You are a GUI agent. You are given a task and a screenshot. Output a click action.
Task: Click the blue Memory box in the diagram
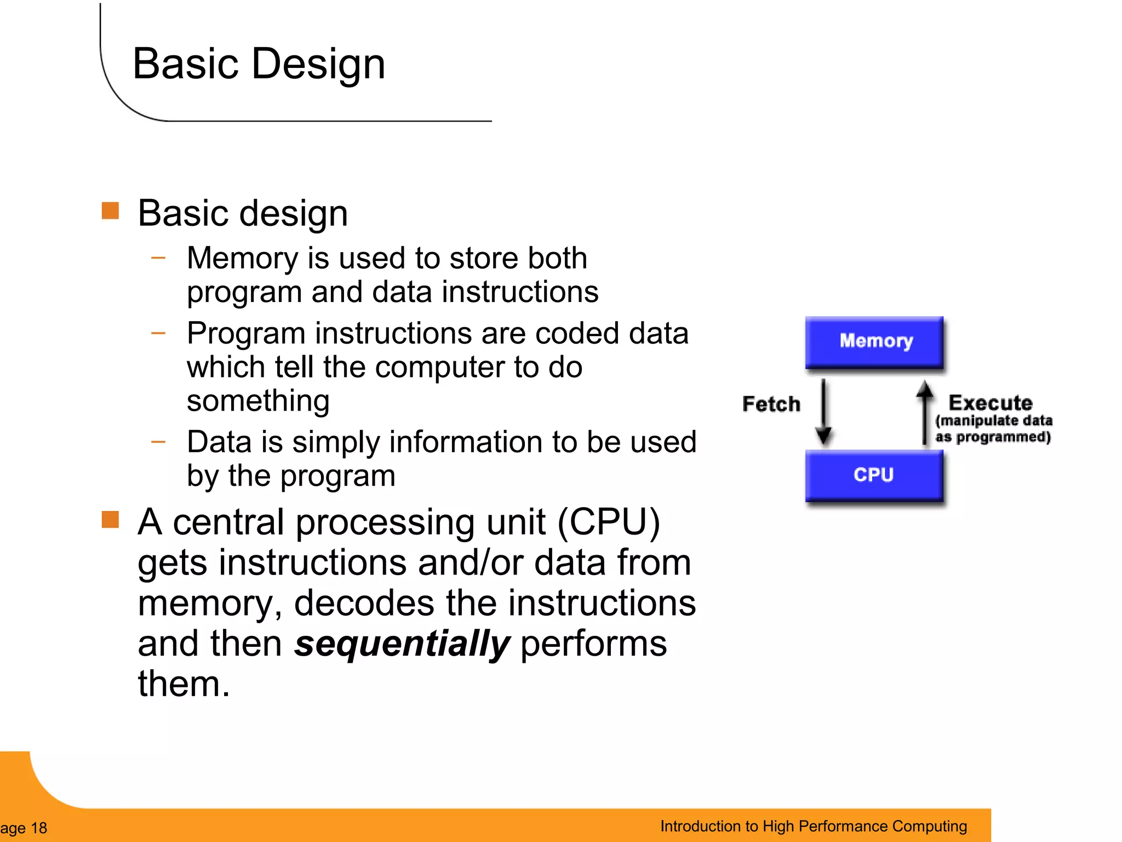[875, 342]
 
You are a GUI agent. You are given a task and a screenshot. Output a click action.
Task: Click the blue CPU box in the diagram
[875, 475]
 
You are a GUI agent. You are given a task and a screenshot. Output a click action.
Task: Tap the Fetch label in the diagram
[771, 404]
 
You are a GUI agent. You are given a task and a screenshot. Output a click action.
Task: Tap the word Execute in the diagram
[991, 403]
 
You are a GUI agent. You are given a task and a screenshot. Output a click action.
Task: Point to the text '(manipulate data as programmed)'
[993, 429]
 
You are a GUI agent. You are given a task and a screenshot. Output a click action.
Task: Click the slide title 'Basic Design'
[259, 64]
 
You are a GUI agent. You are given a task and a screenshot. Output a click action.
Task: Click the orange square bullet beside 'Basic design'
[110, 210]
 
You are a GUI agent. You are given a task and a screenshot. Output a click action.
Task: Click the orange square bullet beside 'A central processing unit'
[110, 519]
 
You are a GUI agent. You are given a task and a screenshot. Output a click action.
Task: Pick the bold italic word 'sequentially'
[402, 644]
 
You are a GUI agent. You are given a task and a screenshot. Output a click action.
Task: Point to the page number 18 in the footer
[39, 828]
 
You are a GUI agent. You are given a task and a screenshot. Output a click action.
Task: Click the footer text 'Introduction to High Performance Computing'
[813, 826]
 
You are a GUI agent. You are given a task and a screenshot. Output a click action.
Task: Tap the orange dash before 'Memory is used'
[158, 257]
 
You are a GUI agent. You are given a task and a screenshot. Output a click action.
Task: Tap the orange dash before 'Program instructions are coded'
[158, 332]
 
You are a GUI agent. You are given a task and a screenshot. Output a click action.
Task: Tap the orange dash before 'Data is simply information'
[158, 441]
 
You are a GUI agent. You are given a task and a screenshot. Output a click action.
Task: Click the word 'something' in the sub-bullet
[258, 401]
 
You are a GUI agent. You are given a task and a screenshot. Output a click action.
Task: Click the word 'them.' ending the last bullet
[184, 684]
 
